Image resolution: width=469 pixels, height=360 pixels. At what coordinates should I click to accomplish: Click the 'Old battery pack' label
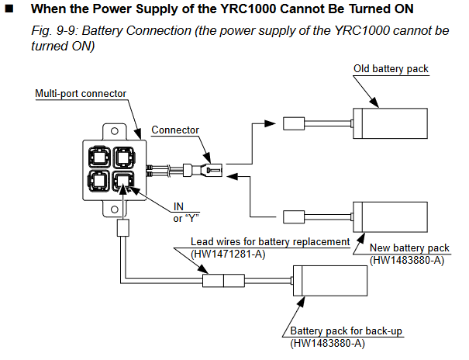click(x=391, y=69)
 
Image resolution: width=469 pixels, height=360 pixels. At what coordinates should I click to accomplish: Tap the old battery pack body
click(x=390, y=123)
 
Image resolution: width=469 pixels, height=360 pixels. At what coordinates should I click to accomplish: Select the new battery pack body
click(x=390, y=217)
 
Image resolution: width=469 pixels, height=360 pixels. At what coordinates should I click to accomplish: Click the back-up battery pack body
click(x=330, y=281)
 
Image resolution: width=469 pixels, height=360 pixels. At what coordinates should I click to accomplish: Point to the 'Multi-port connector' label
click(x=81, y=94)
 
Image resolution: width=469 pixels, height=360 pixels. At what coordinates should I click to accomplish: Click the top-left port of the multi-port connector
click(x=99, y=157)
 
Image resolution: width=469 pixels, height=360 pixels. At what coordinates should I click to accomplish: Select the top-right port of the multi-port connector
click(x=124, y=157)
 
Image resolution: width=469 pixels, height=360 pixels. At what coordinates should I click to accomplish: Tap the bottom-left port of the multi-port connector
click(x=99, y=181)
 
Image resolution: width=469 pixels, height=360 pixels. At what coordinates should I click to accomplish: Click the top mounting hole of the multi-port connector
click(x=115, y=131)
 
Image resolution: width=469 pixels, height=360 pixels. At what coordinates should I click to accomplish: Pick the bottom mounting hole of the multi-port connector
click(x=115, y=209)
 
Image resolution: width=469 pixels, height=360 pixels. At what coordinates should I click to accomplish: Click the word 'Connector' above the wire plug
click(x=175, y=130)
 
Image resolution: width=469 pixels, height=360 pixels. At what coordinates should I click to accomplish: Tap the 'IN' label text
click(x=178, y=206)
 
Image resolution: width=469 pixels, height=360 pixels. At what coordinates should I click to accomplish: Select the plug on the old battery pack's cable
click(x=294, y=123)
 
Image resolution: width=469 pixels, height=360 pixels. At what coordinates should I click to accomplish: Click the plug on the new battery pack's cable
click(x=294, y=217)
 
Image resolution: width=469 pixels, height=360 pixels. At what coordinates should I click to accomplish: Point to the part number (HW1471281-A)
click(x=228, y=254)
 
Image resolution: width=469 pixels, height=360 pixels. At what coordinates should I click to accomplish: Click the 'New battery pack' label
click(x=409, y=247)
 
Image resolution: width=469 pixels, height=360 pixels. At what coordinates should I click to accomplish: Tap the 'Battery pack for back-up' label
click(x=346, y=331)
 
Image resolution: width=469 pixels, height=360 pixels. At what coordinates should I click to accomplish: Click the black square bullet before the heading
click(x=9, y=9)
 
